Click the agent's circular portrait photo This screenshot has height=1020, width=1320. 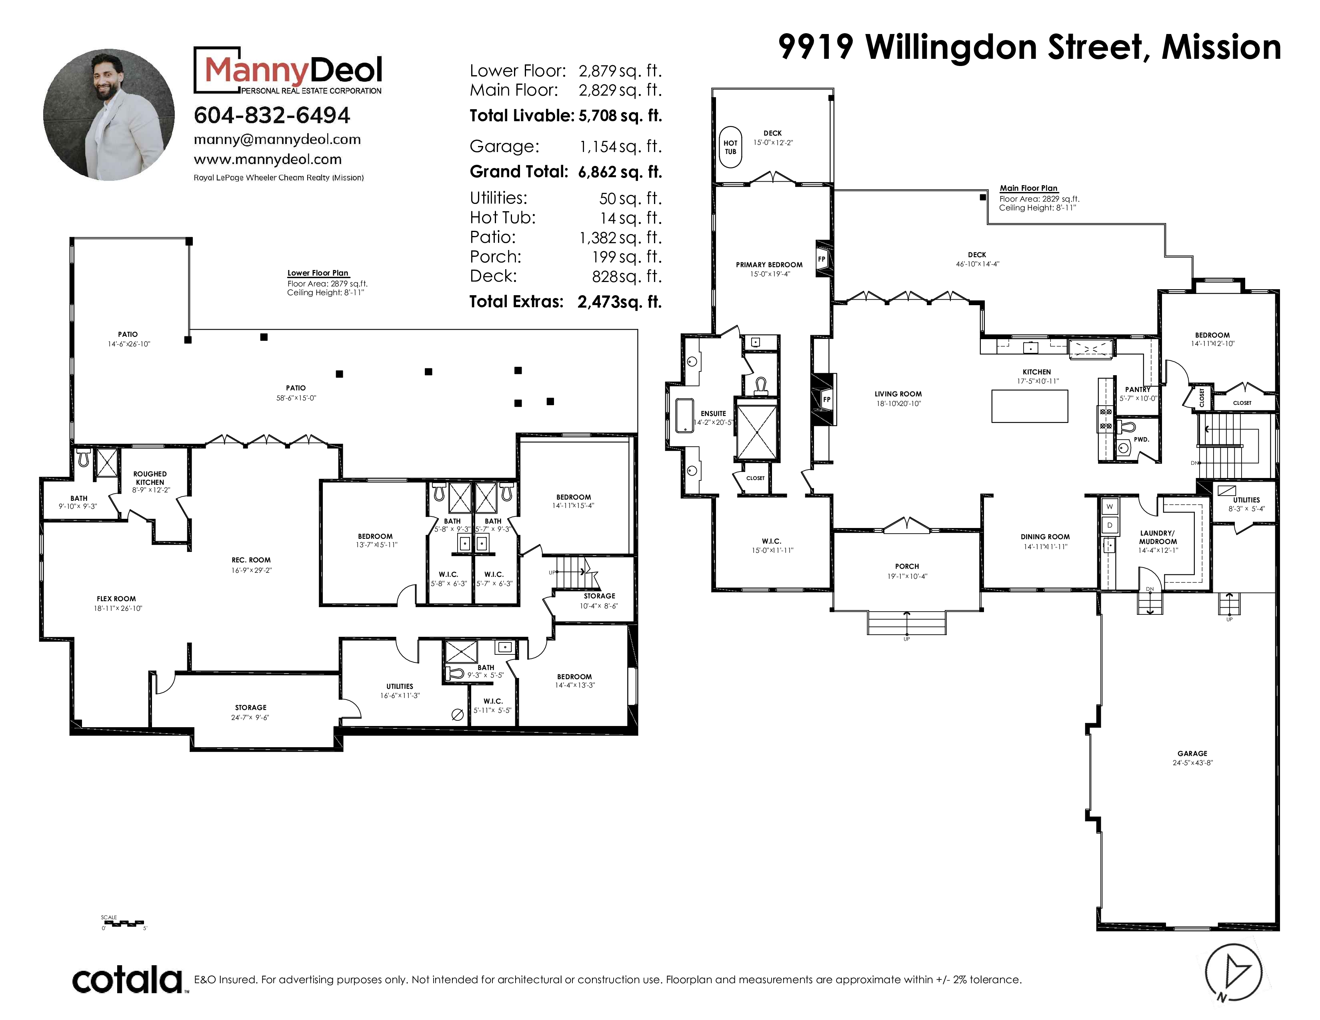coord(109,115)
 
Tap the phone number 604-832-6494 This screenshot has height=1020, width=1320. coord(272,116)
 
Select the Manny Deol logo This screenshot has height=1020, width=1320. coord(288,71)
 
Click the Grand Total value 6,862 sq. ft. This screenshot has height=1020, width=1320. coord(620,172)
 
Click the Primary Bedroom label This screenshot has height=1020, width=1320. coord(769,265)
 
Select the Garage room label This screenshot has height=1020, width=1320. coord(1192,754)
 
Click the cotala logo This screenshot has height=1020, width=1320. coord(128,980)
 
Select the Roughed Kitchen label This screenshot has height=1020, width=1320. coord(150,478)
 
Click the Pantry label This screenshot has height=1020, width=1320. coord(1138,390)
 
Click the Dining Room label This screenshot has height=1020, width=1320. coord(1045,536)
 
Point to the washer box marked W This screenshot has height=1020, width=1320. coord(1110,506)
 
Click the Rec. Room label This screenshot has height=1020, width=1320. coord(251,560)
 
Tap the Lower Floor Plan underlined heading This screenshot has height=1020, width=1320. coord(318,273)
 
